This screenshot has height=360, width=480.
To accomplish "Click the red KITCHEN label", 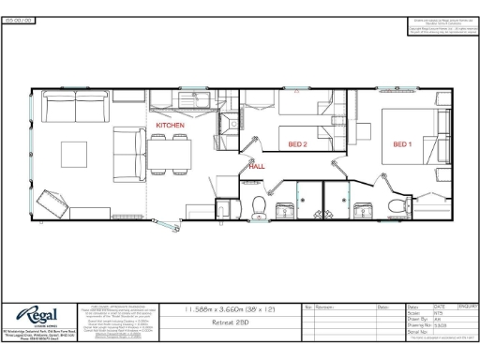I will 171,125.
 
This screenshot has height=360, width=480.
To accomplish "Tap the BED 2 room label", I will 298,144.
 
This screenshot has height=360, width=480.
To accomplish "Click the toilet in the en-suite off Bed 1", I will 398,207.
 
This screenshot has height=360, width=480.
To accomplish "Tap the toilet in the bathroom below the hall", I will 260,207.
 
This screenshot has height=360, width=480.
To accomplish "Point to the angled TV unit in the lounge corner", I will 52,200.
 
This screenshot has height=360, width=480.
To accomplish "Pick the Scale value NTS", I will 439,312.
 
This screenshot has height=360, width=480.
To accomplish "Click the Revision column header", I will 325,307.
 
